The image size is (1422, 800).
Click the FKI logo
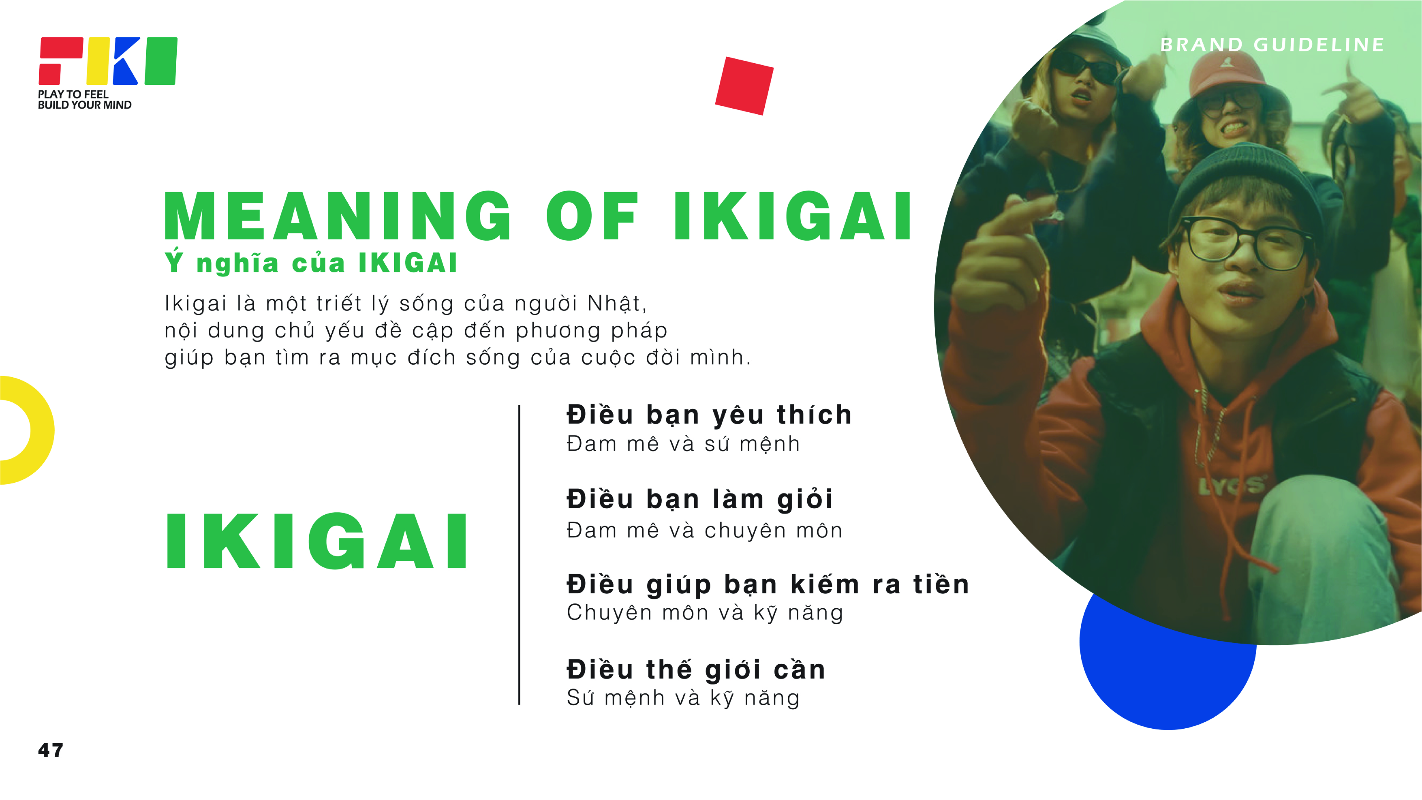tap(108, 61)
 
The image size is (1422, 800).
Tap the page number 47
tap(51, 750)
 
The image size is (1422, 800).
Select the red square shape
tap(744, 86)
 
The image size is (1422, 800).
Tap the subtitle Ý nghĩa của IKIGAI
tap(311, 263)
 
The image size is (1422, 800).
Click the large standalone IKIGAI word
tap(317, 541)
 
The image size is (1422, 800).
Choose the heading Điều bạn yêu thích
tap(709, 415)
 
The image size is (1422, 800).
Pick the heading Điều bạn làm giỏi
tap(699, 499)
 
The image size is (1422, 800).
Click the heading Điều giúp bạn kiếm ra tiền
tap(768, 584)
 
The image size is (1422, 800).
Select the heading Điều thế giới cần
tap(696, 670)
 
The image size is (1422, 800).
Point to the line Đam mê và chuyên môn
tap(704, 530)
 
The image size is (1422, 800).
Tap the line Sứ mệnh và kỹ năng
tap(683, 698)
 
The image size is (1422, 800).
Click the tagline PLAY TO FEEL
tap(73, 94)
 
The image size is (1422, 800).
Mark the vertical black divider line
tap(520, 554)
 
